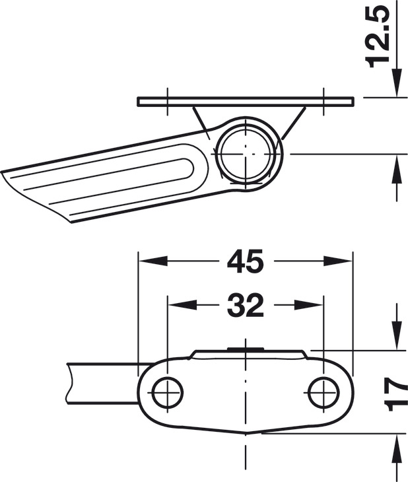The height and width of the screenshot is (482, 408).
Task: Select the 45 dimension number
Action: tap(245, 261)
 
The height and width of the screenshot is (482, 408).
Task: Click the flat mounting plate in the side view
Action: tap(245, 102)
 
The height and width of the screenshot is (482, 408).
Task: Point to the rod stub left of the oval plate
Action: tap(99, 382)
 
